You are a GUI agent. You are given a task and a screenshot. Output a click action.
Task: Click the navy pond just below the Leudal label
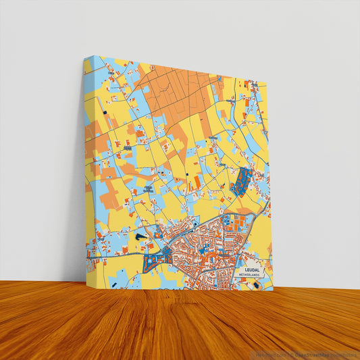[x=256, y=284]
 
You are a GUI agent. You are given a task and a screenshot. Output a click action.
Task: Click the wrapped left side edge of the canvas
[x=86, y=169]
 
